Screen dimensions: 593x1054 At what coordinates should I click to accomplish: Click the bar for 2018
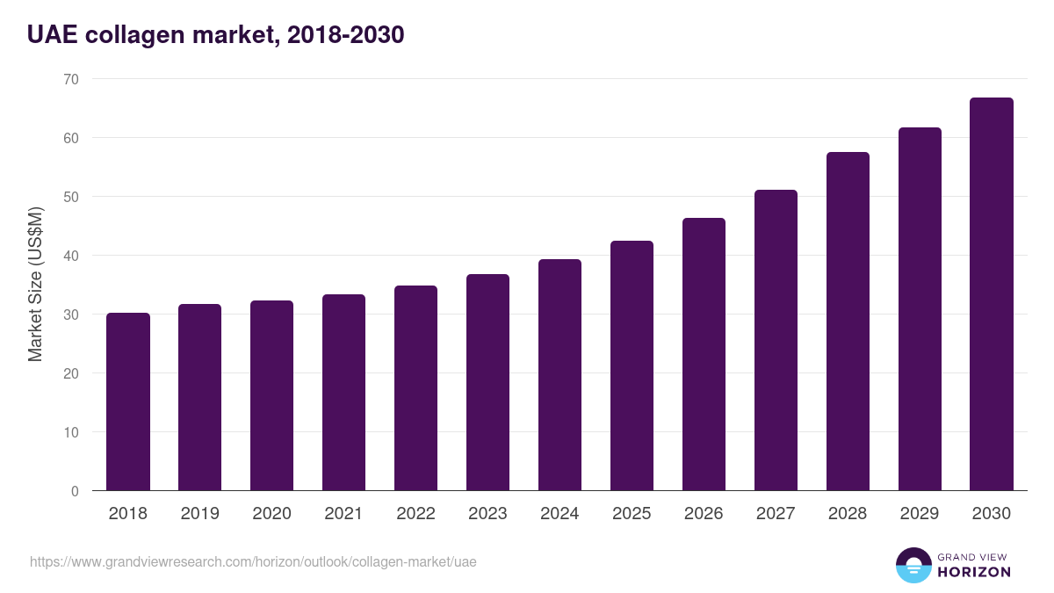tap(128, 401)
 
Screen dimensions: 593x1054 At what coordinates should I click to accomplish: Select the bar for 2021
tap(343, 393)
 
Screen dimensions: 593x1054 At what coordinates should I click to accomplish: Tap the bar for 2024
tap(559, 375)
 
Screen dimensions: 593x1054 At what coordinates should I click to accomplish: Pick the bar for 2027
tap(776, 340)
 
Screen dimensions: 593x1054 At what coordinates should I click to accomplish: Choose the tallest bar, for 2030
tap(992, 294)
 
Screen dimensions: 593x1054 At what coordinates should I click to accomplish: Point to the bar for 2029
tap(920, 309)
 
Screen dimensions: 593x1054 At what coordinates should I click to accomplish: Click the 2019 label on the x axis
tap(200, 514)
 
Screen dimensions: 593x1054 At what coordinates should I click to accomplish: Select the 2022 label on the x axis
tap(415, 514)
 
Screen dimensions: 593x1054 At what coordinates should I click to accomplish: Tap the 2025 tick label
tap(632, 514)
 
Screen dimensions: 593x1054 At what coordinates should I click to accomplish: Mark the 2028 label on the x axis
tap(848, 514)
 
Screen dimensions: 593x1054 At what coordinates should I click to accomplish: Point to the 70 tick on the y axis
tap(71, 79)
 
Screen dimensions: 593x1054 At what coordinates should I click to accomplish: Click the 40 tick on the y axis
tap(71, 256)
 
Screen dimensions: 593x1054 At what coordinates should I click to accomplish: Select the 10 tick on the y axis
tap(71, 432)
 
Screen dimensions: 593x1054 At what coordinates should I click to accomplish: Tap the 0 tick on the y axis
tap(75, 491)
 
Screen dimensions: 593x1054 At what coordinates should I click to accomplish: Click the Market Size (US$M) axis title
tap(35, 284)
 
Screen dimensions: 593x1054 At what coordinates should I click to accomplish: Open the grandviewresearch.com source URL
tap(253, 561)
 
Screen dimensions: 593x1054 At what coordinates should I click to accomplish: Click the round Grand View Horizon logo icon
tap(913, 565)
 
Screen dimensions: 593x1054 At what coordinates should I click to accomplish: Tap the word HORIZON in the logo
tap(974, 572)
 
